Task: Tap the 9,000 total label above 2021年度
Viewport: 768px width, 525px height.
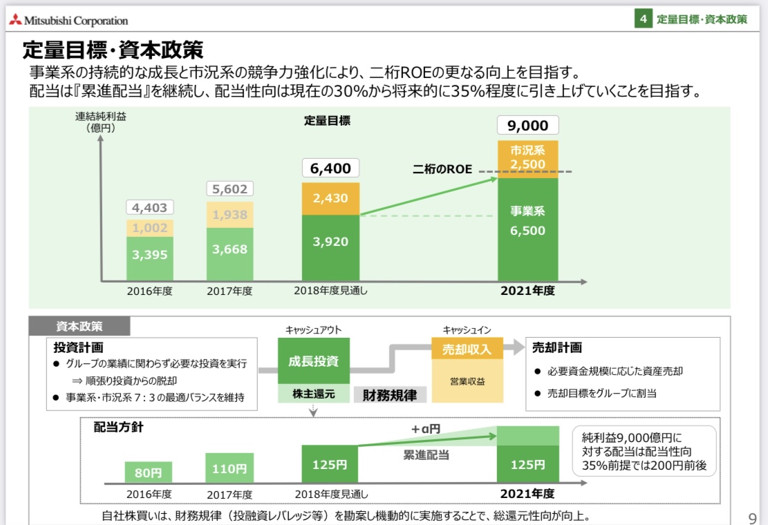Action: [x=527, y=125]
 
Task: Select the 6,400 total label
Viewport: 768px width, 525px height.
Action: [x=330, y=168]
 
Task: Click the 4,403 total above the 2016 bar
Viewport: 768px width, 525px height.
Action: [x=149, y=207]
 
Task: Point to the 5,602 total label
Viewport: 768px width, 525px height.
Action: [x=230, y=189]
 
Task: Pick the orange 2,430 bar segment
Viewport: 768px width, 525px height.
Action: [x=330, y=198]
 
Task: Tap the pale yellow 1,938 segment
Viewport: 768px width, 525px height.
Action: [x=230, y=215]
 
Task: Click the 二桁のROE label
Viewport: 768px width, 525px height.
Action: [x=442, y=169]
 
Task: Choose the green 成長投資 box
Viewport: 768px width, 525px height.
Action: [x=313, y=361]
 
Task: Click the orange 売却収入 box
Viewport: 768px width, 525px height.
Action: [x=467, y=349]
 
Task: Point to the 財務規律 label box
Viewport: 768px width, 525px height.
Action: [x=390, y=395]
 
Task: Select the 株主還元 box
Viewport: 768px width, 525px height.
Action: [x=313, y=394]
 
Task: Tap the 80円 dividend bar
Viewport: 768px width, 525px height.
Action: [x=149, y=472]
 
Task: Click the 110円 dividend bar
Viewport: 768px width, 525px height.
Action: [x=230, y=468]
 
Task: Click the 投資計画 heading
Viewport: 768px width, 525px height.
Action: [x=79, y=347]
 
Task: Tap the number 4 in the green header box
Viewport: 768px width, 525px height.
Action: [x=644, y=19]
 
